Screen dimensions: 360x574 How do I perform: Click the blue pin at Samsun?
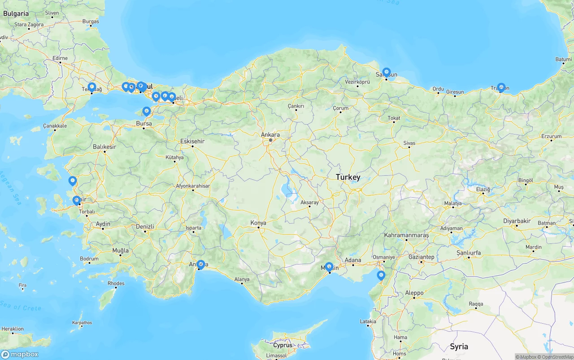[386, 72]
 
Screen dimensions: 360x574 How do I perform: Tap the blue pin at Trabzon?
[501, 87]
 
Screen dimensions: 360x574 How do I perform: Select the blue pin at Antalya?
[200, 265]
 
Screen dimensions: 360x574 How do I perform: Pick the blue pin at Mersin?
[329, 267]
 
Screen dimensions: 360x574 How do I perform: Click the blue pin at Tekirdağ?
[91, 87]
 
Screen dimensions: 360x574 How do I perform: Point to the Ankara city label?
[270, 134]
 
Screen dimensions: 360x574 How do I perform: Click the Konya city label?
[258, 223]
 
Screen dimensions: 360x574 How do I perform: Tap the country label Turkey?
[348, 177]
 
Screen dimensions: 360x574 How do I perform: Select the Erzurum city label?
[551, 136]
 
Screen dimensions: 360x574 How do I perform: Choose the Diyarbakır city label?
[517, 221]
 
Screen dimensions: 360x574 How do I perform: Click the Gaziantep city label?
[421, 257]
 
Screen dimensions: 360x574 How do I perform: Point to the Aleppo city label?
[414, 293]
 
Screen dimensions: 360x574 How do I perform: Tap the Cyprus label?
[283, 345]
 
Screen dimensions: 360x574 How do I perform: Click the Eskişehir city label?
[192, 141]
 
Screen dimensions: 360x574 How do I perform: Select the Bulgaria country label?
[16, 13]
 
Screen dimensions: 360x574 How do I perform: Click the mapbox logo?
[20, 354]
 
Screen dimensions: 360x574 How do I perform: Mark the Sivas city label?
[409, 143]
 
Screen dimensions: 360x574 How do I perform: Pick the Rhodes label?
[116, 283]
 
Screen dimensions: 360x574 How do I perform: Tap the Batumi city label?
[563, 59]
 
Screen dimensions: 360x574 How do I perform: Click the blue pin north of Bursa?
[146, 111]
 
